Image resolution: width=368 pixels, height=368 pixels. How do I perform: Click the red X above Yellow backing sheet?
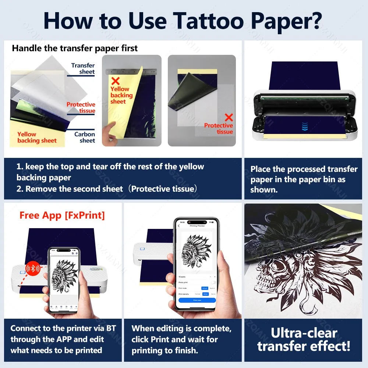(115, 81)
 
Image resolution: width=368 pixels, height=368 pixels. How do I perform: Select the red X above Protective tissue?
(229, 117)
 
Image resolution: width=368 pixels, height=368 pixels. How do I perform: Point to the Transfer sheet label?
(83, 68)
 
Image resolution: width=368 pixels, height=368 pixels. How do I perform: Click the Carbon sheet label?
(85, 137)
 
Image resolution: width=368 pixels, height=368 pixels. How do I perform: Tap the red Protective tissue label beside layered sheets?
(81, 107)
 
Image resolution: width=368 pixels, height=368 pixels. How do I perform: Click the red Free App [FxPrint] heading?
(62, 215)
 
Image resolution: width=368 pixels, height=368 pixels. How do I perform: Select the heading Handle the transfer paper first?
(75, 48)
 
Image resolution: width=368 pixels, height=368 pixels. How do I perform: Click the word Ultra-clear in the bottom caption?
(304, 333)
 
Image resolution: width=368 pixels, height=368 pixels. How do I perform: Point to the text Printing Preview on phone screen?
(198, 226)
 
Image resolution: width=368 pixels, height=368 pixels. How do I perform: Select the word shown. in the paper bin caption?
(264, 190)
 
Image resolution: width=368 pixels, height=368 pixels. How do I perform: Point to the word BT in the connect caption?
(111, 328)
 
